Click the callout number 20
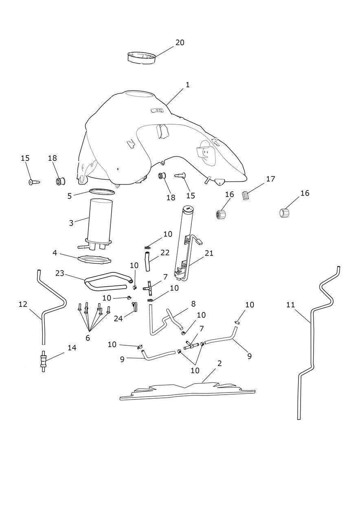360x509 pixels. [x=180, y=42]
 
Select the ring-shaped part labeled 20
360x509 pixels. [x=142, y=57]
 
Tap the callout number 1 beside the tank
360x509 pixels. [x=187, y=85]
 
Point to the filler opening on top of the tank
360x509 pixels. [x=140, y=94]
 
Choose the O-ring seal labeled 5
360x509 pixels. [x=102, y=191]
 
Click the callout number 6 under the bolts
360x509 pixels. [x=88, y=338]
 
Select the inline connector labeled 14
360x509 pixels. [x=43, y=361]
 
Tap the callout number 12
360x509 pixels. [x=23, y=304]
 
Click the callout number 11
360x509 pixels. [x=290, y=304]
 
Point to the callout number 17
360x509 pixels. [x=270, y=179]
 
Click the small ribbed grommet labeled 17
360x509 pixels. [x=245, y=195]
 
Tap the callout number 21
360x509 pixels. [x=209, y=253]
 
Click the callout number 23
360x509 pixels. [x=60, y=273]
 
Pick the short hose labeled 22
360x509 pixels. [x=147, y=261]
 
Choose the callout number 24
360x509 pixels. [x=118, y=318]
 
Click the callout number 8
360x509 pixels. [x=193, y=304]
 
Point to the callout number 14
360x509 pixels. [x=72, y=347]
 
